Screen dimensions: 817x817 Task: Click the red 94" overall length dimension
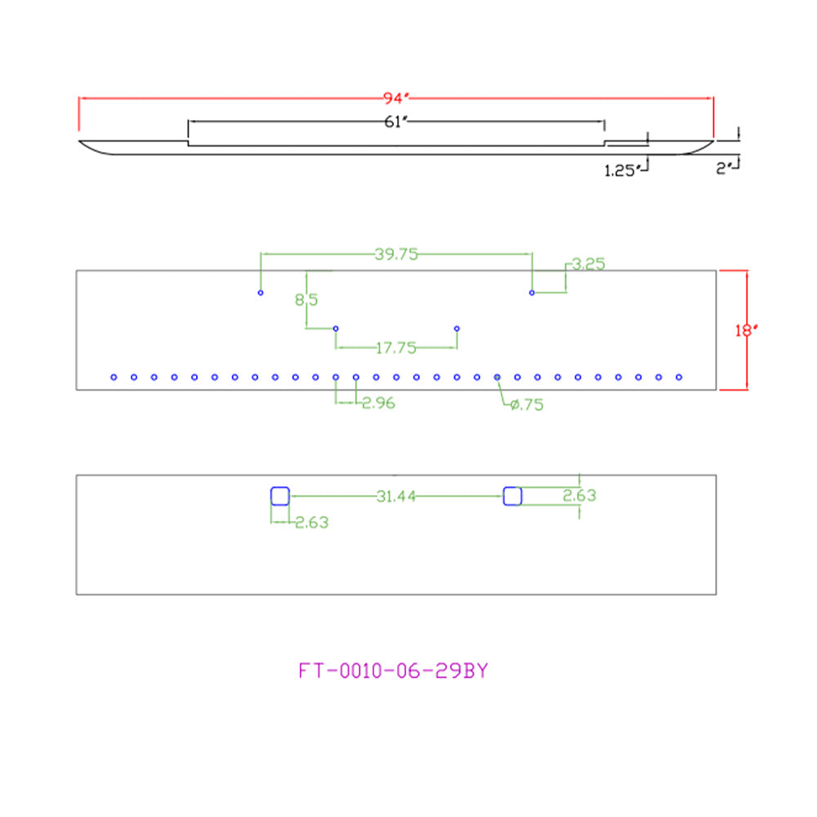click(x=396, y=98)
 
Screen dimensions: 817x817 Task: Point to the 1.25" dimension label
click(x=621, y=171)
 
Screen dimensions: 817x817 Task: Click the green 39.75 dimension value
click(x=396, y=254)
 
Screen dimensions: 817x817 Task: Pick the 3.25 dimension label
click(x=588, y=264)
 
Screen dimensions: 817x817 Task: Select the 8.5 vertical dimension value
click(x=306, y=300)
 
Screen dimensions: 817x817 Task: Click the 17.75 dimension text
click(x=396, y=347)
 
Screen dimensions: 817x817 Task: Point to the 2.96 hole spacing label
click(x=379, y=403)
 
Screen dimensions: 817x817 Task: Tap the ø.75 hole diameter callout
click(x=527, y=404)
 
